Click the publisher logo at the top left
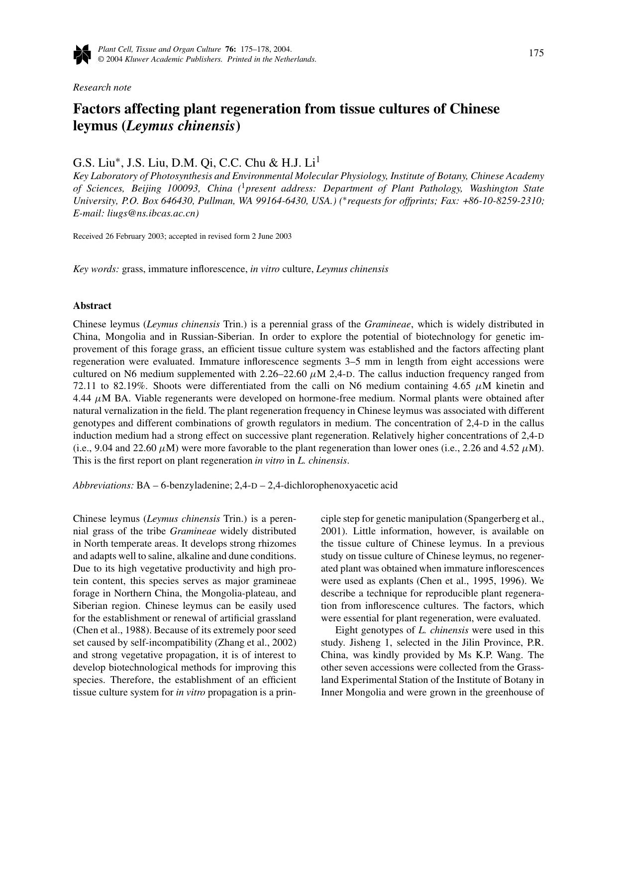click(x=82, y=54)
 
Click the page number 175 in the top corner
click(x=536, y=53)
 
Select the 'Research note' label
click(x=102, y=88)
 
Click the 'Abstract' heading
click(x=92, y=306)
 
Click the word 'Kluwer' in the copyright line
click(x=137, y=59)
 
